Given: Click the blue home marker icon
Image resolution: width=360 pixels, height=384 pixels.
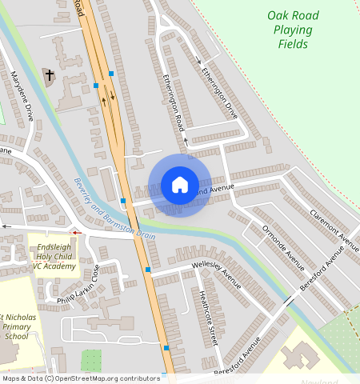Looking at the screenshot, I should pos(180,185).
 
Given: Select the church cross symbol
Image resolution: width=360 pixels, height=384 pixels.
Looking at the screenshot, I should pos(50,75).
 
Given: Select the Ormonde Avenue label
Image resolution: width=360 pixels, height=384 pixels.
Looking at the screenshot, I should pos(283,248).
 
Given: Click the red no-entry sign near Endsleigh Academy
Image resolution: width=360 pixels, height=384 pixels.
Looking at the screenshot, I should pos(76,232).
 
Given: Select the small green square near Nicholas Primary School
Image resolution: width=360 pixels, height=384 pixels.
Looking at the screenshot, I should pos(91,359).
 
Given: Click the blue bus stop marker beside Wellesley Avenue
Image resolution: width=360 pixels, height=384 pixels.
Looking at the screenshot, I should pos(148,270).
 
